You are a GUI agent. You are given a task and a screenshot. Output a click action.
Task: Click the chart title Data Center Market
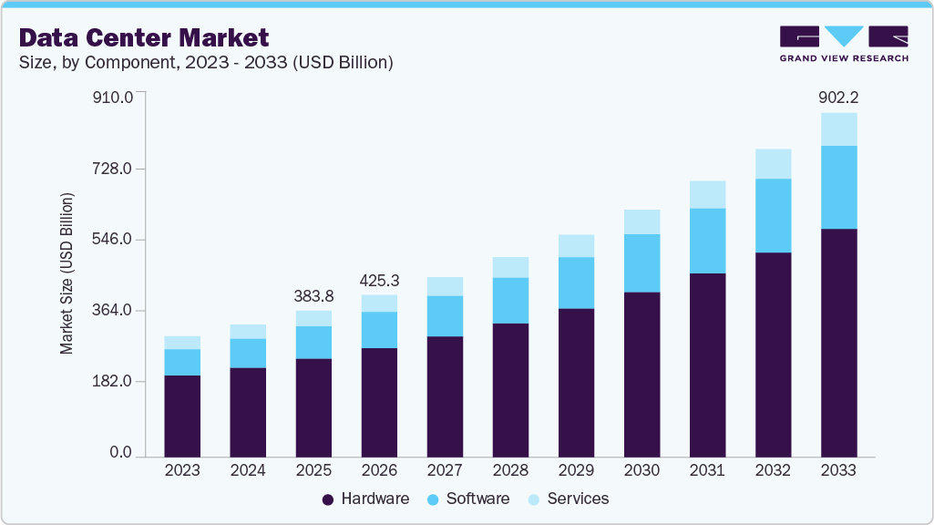(x=144, y=37)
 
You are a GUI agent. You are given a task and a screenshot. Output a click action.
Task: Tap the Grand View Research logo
(x=844, y=44)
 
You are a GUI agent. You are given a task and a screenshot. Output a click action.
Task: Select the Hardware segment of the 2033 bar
(x=838, y=342)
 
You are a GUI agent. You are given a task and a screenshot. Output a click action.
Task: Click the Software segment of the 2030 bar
(x=641, y=262)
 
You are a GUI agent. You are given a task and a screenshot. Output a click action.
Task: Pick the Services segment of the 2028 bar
(x=510, y=267)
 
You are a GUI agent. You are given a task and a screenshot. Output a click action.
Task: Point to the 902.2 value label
(x=837, y=97)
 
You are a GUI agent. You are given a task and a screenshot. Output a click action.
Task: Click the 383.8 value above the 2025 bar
(x=313, y=295)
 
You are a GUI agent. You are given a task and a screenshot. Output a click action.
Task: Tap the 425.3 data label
(x=379, y=280)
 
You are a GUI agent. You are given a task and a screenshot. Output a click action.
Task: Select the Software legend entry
(x=469, y=499)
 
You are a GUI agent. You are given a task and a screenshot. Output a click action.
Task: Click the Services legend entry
(x=570, y=499)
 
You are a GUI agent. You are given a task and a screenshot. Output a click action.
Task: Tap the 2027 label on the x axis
(x=445, y=470)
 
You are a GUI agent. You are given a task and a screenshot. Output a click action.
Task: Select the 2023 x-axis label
(x=182, y=470)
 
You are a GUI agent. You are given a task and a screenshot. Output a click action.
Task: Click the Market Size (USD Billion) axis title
(x=67, y=273)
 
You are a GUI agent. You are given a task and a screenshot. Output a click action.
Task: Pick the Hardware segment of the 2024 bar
(x=248, y=411)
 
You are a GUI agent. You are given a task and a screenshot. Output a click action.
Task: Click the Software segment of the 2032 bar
(x=773, y=215)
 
